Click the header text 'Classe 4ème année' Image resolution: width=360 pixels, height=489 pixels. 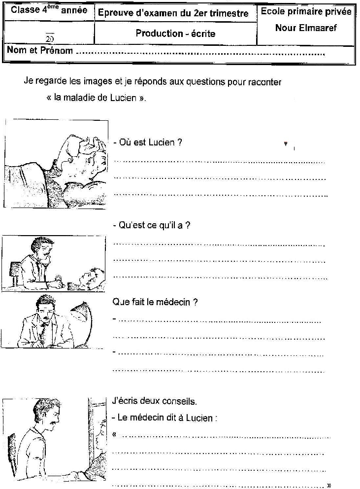click(49, 10)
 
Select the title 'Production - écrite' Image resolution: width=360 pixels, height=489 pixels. click(175, 34)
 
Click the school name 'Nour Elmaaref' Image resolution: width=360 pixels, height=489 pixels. click(306, 28)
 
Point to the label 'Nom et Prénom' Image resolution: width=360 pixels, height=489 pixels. click(40, 50)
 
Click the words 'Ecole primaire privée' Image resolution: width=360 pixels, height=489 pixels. click(306, 11)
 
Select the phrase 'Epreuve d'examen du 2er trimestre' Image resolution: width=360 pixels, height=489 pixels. click(173, 13)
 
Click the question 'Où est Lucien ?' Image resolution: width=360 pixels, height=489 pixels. click(147, 142)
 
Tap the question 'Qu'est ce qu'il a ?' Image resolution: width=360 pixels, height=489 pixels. click(151, 225)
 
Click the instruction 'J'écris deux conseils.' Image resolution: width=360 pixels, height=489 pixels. click(154, 401)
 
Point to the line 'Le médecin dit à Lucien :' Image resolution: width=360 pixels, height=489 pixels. click(165, 418)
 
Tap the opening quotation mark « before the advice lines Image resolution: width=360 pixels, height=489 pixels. click(115, 434)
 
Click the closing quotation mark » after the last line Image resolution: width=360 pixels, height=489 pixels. click(328, 485)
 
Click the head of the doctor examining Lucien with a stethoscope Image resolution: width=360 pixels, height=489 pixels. click(42, 249)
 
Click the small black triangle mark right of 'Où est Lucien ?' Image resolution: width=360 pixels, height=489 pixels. click(286, 143)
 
